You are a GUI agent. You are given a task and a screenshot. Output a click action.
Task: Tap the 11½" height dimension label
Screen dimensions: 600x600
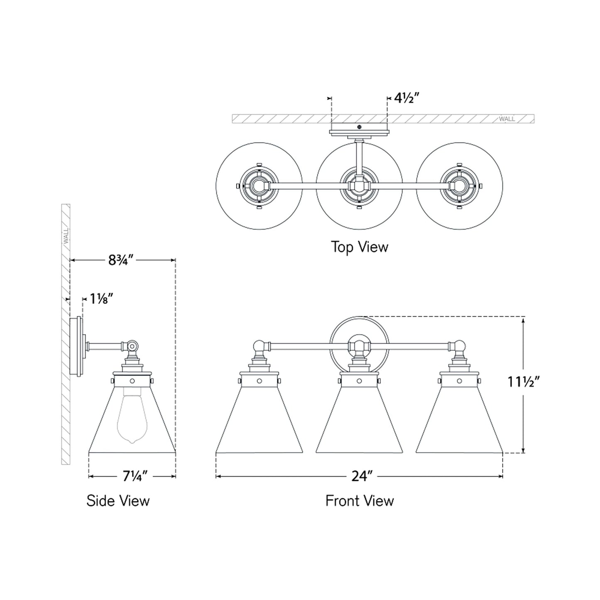(523, 381)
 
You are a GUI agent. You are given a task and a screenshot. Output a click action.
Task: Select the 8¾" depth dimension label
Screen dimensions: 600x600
(120, 260)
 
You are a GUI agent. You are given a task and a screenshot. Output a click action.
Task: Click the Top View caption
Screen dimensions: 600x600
(360, 247)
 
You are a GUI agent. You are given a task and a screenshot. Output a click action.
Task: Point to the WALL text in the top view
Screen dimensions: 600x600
(507, 119)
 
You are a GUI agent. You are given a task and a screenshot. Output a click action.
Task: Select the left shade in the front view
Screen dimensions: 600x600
(259, 419)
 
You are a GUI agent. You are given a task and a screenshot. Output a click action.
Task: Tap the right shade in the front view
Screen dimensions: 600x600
(459, 419)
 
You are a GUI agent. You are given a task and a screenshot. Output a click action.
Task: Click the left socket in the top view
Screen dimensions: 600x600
(259, 185)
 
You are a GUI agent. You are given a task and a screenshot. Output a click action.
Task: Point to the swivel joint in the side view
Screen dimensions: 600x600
(132, 345)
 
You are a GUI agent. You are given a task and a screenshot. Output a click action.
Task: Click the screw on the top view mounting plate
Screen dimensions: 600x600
(360, 127)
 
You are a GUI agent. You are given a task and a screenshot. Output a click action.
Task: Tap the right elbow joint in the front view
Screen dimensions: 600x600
(460, 345)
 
